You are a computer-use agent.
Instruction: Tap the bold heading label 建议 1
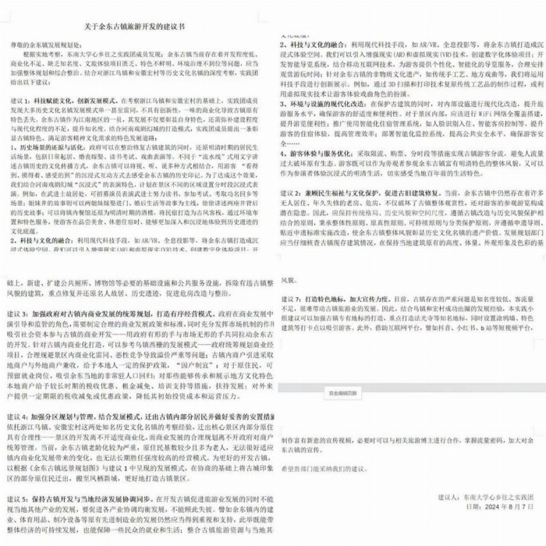[20, 101]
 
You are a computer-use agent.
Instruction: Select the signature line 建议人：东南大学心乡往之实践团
[482, 516]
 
